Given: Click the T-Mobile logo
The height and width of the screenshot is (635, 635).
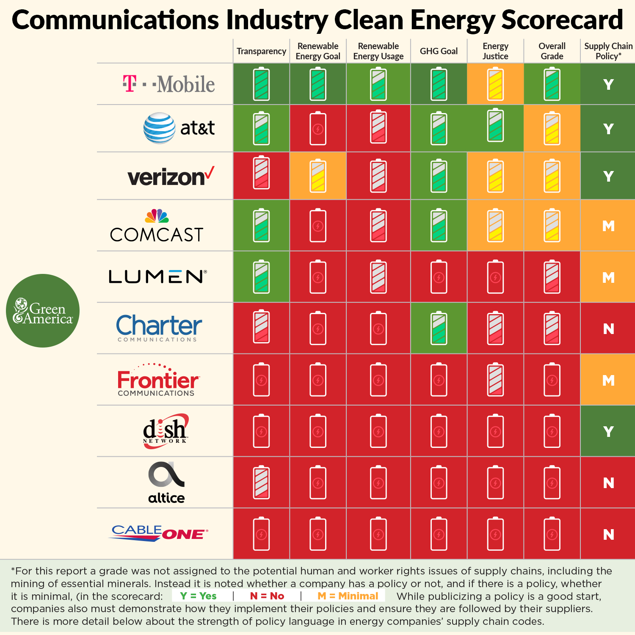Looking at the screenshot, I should (169, 84).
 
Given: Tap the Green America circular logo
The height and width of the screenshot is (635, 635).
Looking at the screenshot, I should (43, 311).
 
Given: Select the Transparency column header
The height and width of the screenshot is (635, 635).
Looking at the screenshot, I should (261, 51).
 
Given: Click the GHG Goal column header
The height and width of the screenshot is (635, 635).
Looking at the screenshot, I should (439, 51).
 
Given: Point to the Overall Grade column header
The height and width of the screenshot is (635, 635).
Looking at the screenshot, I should (552, 51).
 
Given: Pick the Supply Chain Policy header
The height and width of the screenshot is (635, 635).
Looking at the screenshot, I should (608, 51).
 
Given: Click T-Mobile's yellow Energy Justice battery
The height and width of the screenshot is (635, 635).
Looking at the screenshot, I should (495, 84).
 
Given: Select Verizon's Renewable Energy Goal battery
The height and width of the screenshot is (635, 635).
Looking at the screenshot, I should (318, 176).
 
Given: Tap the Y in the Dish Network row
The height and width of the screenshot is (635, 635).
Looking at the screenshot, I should (608, 432).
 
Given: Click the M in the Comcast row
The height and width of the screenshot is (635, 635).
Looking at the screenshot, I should (608, 226).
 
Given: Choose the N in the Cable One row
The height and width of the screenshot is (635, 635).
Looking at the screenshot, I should (608, 535).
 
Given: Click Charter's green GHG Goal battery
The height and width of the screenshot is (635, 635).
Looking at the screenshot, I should (439, 328).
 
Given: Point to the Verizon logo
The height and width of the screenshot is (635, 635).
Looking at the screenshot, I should (171, 177).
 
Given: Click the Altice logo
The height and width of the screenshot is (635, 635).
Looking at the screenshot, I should (166, 483).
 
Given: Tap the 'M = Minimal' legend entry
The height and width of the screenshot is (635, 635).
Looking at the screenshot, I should (348, 596).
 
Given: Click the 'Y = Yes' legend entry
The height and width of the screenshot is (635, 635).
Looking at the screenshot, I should (198, 596).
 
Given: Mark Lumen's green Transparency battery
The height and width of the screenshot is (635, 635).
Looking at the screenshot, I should (261, 277).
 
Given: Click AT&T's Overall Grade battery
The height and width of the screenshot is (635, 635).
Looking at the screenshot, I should (552, 128).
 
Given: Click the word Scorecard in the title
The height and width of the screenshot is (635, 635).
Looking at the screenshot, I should (562, 20).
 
